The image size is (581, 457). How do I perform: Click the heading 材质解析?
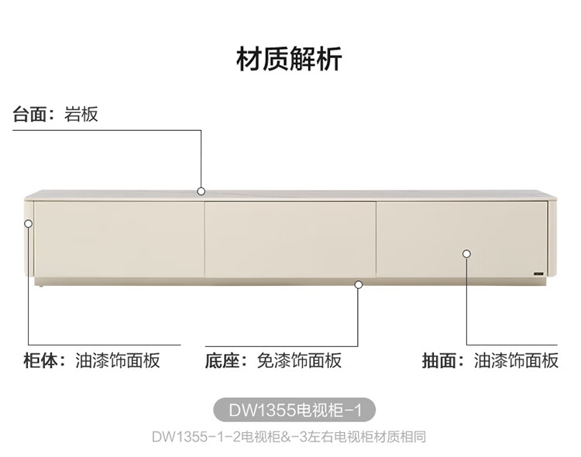[x=289, y=59]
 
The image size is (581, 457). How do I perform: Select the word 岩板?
[x=81, y=115]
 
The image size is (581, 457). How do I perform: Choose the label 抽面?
[x=440, y=360]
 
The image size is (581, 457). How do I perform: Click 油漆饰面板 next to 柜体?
[x=118, y=360]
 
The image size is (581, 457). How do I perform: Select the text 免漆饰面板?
[x=299, y=360]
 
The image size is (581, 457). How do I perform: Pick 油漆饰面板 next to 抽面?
[x=516, y=360]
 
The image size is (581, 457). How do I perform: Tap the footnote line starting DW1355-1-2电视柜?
[x=289, y=436]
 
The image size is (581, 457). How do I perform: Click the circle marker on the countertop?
[x=201, y=191]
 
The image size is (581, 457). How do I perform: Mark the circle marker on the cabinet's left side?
[x=29, y=223]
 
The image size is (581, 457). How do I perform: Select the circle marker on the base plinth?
[x=358, y=284]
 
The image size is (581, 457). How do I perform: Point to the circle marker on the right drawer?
[x=466, y=253]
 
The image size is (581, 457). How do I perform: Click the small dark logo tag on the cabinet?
[x=538, y=273]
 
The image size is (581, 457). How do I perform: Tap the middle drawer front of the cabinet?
[x=290, y=239]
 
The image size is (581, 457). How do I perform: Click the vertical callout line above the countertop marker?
[x=201, y=159]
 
